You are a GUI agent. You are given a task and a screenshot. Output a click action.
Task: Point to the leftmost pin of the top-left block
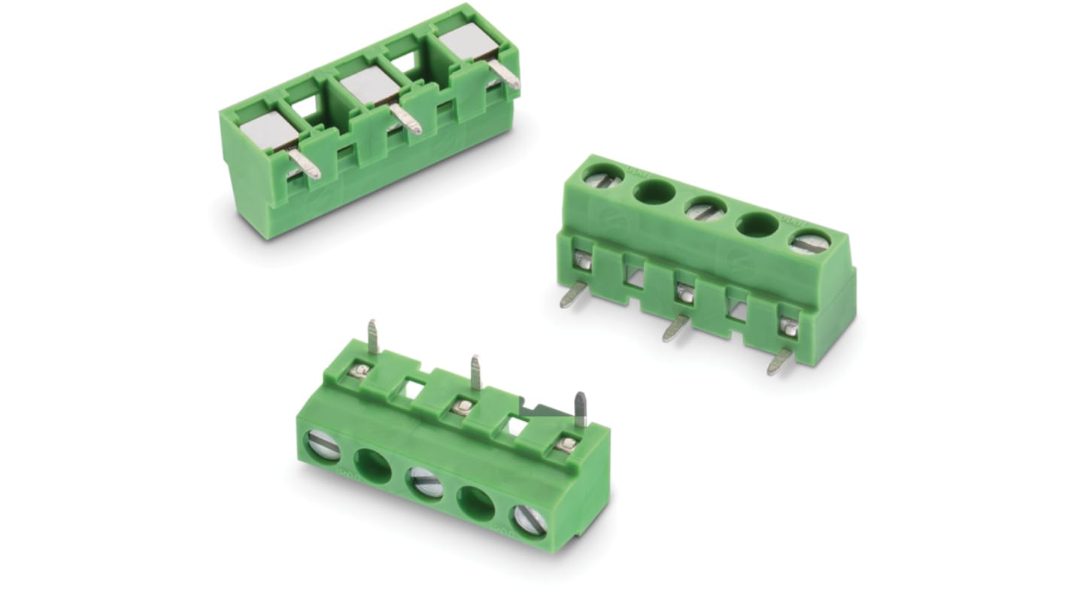(304, 164)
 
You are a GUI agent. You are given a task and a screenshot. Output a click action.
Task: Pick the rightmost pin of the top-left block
(505, 75)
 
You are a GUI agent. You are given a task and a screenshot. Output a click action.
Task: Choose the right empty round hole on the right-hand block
(758, 224)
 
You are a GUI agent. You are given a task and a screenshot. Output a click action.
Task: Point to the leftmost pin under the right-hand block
(572, 295)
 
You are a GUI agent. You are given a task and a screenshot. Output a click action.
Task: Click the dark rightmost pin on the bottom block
(580, 410)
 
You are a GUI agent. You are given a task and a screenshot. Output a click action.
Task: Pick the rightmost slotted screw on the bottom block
(529, 519)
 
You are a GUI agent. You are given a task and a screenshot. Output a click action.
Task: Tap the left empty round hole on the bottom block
(373, 465)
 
